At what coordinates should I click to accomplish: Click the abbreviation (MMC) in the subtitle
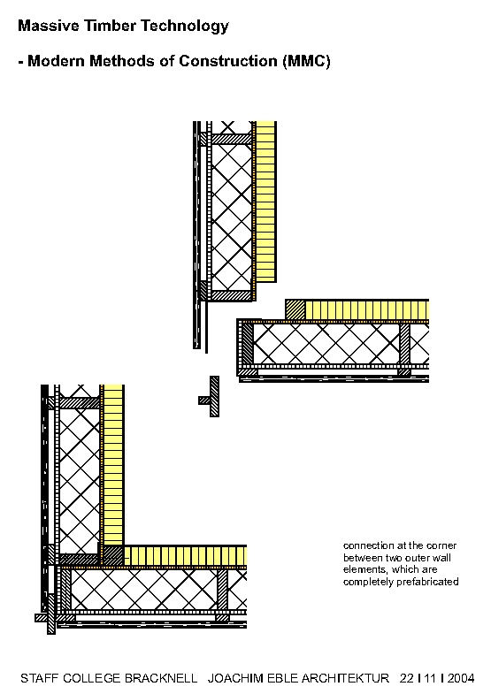point(306,61)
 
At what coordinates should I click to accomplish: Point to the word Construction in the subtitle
point(228,61)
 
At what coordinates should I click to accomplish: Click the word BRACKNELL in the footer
point(161,678)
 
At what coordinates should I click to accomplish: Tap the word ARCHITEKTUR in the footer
point(345,678)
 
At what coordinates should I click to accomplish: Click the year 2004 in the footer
point(460,678)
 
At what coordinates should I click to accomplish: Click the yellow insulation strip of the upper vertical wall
point(265,202)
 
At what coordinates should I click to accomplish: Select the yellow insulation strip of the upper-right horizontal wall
point(367,309)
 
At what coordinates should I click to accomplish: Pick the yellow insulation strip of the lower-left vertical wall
point(113,465)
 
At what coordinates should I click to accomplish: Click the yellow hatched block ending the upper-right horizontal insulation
point(295,309)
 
